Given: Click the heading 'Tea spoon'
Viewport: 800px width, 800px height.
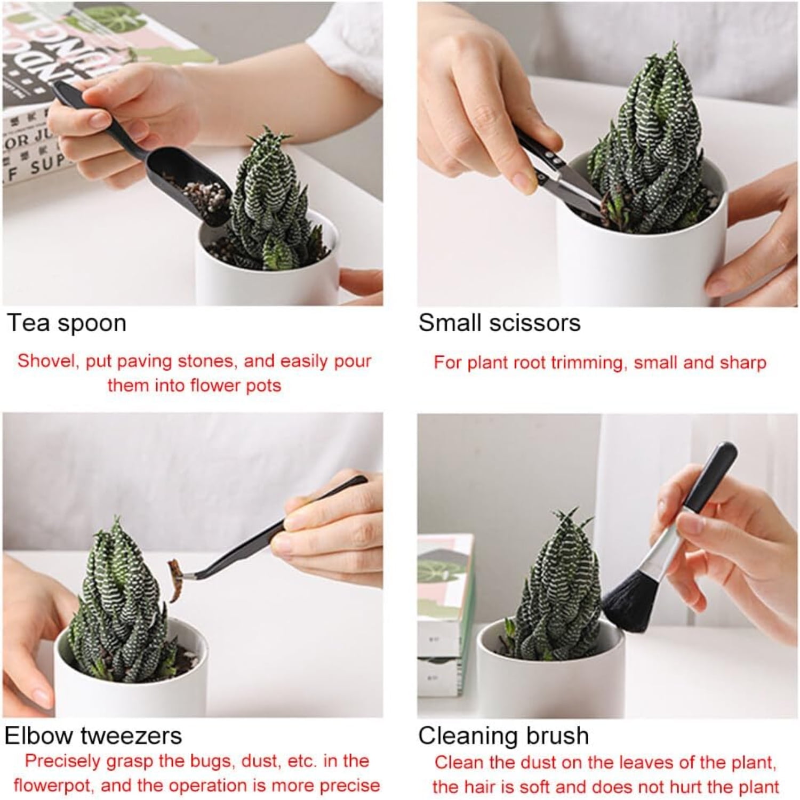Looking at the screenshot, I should [67, 323].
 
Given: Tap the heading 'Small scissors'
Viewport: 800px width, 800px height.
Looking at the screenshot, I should [499, 323].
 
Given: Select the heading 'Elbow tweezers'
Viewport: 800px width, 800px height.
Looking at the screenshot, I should [93, 736].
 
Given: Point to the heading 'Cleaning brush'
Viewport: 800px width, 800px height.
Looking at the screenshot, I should [503, 736].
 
